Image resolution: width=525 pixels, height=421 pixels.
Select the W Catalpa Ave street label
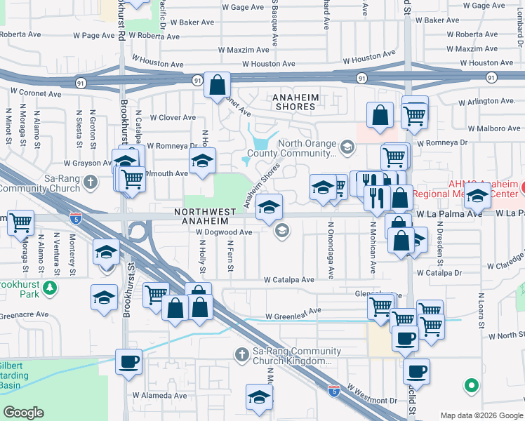[288, 279]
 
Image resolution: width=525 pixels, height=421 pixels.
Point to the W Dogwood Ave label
[224, 232]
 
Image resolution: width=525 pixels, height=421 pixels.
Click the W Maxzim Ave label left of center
[244, 50]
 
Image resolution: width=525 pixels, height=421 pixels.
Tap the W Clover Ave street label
[172, 118]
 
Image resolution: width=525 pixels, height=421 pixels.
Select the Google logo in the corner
[24, 413]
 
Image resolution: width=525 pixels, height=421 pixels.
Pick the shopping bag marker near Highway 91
[218, 85]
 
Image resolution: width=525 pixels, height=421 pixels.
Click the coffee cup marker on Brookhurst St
[128, 362]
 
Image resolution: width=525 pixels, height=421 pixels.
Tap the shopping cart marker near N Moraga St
[21, 222]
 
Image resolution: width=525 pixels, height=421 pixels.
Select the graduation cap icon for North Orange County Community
[347, 147]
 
